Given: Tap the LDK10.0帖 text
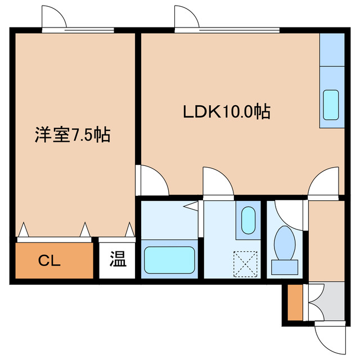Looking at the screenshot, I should point(226,111).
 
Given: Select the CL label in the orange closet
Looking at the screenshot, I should point(51,260).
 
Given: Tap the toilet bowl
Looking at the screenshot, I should point(284,244).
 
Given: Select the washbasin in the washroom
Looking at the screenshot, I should point(248,220).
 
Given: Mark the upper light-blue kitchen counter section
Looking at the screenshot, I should point(332,49).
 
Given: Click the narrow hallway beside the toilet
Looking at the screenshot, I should point(326,239).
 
